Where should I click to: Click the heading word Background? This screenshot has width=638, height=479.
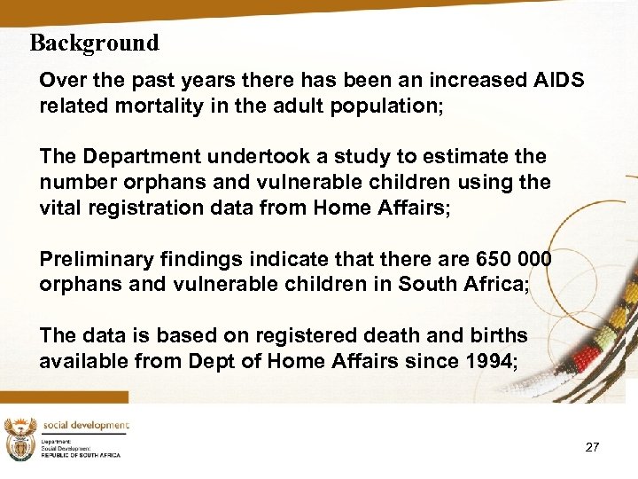(x=94, y=43)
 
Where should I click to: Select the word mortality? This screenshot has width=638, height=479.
(x=156, y=106)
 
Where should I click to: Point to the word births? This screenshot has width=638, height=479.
(x=493, y=335)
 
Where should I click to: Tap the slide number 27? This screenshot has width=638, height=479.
(x=592, y=447)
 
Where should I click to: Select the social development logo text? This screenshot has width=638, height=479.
(x=86, y=426)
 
